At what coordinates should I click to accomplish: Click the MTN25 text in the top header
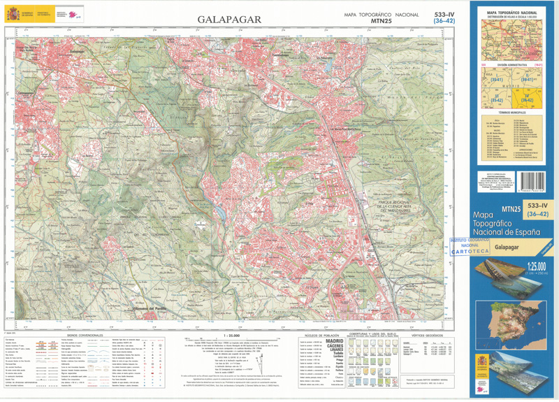click(381, 21)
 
